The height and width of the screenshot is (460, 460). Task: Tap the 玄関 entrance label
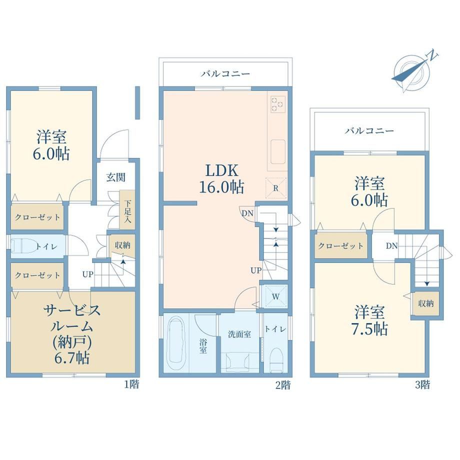pyautogui.click(x=116, y=177)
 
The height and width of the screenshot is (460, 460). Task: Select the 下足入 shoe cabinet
pyautogui.click(x=127, y=210)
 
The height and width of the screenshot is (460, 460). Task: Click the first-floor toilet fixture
pyautogui.click(x=21, y=246)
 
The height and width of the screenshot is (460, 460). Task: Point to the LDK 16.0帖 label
pyautogui.click(x=221, y=178)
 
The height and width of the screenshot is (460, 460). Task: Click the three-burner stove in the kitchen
pyautogui.click(x=277, y=104)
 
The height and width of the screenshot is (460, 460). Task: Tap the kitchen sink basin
pyautogui.click(x=278, y=151)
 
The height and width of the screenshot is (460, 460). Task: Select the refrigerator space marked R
pyautogui.click(x=276, y=188)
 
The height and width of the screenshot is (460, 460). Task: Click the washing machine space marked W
pyautogui.click(x=275, y=296)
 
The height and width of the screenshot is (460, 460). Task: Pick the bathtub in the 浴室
pyautogui.click(x=176, y=342)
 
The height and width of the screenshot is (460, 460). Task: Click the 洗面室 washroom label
pyautogui.click(x=239, y=334)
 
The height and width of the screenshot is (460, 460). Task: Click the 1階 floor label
pyautogui.click(x=131, y=384)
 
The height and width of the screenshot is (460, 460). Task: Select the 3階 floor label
pyautogui.click(x=422, y=384)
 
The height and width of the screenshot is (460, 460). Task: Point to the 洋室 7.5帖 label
pyautogui.click(x=369, y=320)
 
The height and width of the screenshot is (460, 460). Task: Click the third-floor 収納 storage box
pyautogui.click(x=426, y=303)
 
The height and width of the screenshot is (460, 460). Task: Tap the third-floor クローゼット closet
pyautogui.click(x=341, y=245)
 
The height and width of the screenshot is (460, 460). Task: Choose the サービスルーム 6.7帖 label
pyautogui.click(x=72, y=334)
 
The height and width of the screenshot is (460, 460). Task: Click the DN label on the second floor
pyautogui.click(x=247, y=213)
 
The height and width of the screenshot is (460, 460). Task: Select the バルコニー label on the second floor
pyautogui.click(x=225, y=73)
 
